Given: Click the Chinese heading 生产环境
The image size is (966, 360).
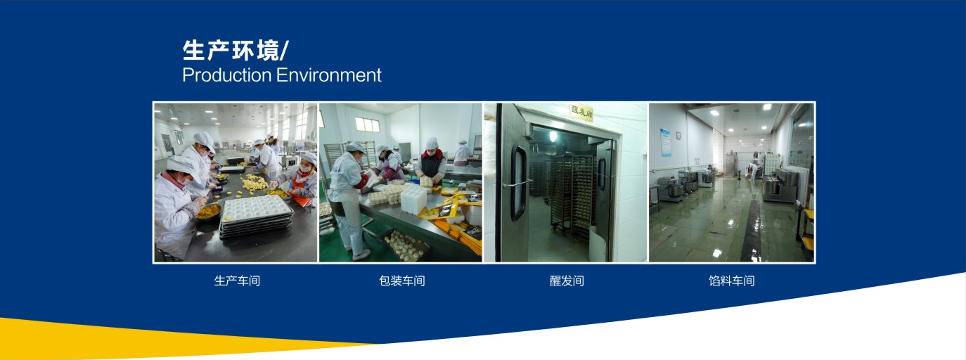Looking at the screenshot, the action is (x=231, y=51).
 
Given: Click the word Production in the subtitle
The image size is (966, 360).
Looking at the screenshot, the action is (x=226, y=75).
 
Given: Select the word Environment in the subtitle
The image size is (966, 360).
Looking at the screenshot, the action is (x=328, y=75).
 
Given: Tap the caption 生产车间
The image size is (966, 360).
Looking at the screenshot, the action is (x=237, y=281).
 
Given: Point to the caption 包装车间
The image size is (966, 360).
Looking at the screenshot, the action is (x=402, y=281).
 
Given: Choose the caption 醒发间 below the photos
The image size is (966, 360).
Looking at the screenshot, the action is (x=567, y=281).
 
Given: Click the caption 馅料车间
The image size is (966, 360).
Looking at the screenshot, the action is (x=732, y=281).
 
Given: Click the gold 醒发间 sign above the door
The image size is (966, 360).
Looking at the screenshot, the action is (x=581, y=112).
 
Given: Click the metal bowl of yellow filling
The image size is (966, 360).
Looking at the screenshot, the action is (x=209, y=212).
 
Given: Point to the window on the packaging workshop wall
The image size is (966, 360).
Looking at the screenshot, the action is (x=367, y=124).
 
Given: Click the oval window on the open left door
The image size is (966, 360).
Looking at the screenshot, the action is (x=518, y=184).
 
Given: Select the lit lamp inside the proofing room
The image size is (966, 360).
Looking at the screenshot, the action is (x=553, y=136).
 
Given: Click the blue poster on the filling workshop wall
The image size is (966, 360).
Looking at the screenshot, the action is (x=665, y=142).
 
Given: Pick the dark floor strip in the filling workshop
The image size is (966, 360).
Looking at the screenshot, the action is (x=752, y=230).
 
